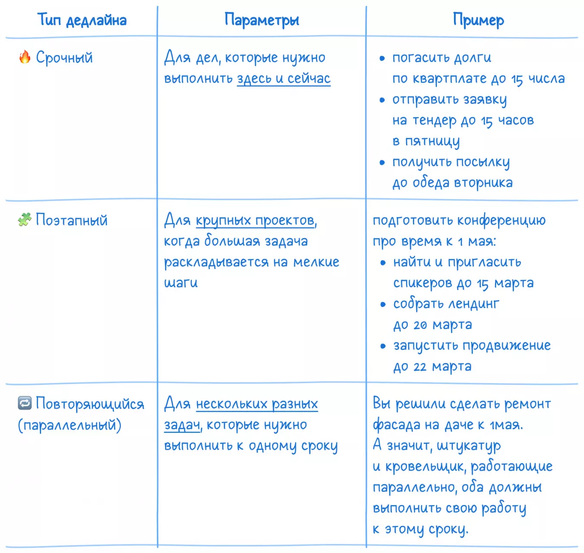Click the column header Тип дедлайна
coord(82,20)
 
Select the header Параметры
coord(262,20)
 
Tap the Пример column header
coord(478,20)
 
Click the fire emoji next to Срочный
coord(25,57)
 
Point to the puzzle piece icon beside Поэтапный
coord(25,220)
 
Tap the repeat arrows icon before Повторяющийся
coord(25,403)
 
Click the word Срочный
coord(64,58)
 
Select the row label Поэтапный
coord(72,220)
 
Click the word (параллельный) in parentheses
coord(70,425)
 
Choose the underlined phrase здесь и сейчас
coord(284,79)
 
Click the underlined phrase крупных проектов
coord(255,221)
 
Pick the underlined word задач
coord(182,425)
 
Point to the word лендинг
coord(473,304)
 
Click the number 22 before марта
coord(420,367)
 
